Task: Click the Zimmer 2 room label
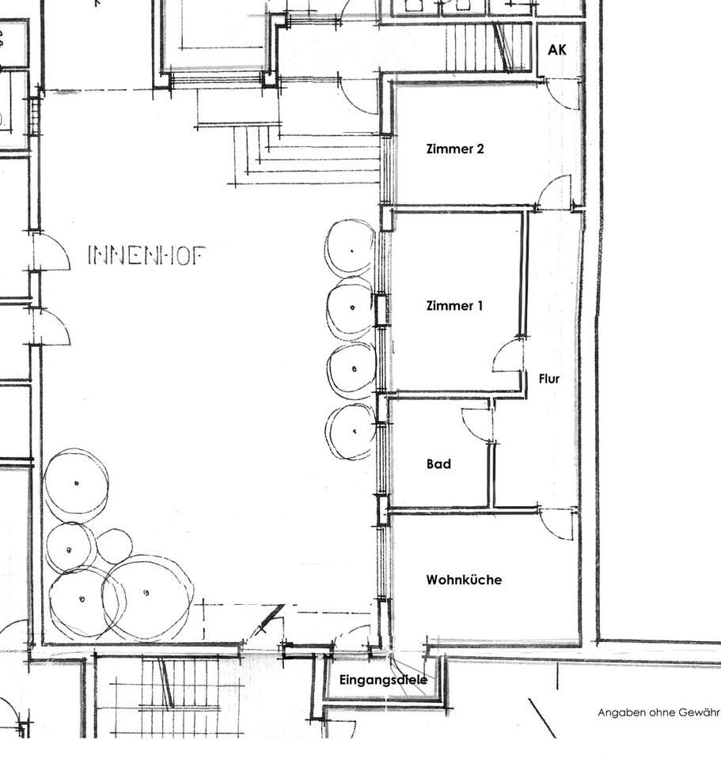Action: [x=455, y=149]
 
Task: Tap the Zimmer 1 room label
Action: [x=454, y=305]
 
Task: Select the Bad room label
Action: [x=438, y=464]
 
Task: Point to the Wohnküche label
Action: [x=464, y=580]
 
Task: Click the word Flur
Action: [x=549, y=379]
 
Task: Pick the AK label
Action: [x=556, y=50]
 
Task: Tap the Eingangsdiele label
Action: [x=383, y=680]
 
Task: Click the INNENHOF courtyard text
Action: [x=146, y=255]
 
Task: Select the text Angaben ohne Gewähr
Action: [x=658, y=712]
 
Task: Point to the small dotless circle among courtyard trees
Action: [x=114, y=546]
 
